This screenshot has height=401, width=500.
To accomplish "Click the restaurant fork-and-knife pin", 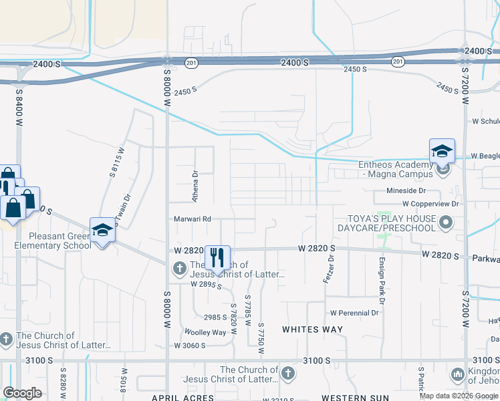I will click(217, 258).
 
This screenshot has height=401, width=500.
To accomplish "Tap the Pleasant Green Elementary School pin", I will click(102, 231).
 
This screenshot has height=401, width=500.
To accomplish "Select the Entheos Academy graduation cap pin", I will click(442, 151).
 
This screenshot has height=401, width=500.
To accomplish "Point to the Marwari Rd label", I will click(193, 219).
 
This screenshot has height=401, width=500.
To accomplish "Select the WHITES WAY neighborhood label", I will click(312, 329).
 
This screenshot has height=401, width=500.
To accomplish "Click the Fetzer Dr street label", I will click(328, 267).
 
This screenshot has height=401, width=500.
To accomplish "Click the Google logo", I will click(22, 393).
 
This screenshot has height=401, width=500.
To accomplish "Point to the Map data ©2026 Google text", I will click(458, 396).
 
